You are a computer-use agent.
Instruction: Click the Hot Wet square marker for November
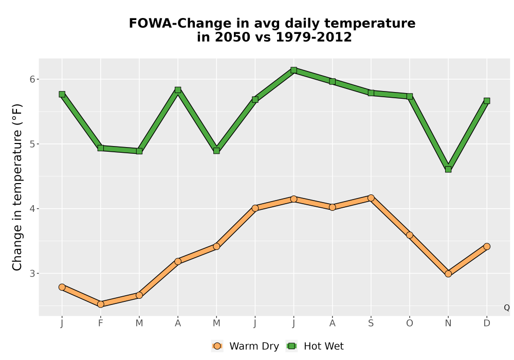448,169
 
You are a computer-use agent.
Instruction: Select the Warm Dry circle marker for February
101,304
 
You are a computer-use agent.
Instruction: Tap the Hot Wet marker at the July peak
293,70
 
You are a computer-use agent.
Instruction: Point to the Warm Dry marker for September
371,197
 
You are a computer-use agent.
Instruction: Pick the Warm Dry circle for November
448,274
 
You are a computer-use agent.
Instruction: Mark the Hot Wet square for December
487,101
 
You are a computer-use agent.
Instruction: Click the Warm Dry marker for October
410,235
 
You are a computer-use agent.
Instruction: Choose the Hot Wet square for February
101,148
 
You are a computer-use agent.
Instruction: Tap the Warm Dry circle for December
487,246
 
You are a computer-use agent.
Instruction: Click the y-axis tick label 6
32,79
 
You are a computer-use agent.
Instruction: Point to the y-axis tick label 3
32,274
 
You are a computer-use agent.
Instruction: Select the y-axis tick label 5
32,144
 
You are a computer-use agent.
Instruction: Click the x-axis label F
101,323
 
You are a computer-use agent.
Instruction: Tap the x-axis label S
371,323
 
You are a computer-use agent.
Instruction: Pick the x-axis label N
448,323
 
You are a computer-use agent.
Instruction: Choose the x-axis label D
487,323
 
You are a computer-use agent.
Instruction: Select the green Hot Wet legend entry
315,346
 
